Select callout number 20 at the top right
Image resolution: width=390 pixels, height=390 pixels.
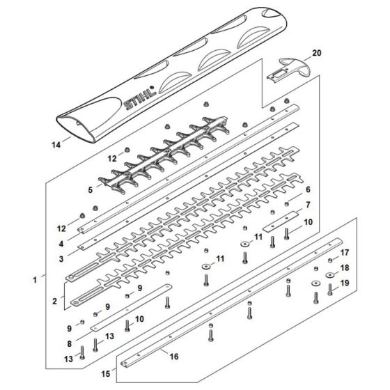pyautogui.click(x=317, y=53)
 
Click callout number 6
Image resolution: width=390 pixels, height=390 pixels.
pyautogui.click(x=307, y=189)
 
